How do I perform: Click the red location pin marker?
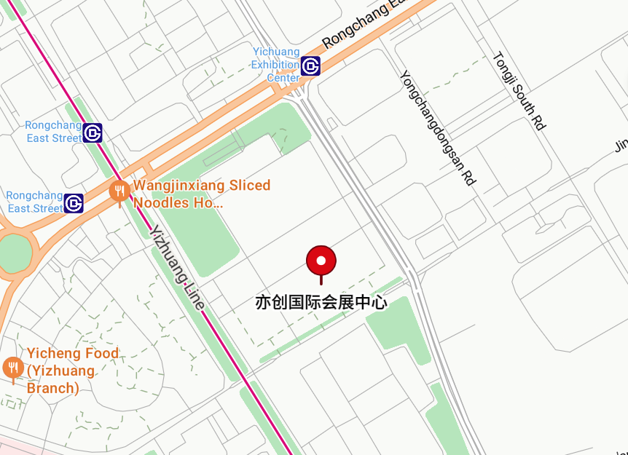click(x=321, y=261)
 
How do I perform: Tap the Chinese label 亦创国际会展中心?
click(x=321, y=302)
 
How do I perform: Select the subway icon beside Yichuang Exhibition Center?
click(x=312, y=66)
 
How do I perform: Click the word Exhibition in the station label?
click(x=275, y=65)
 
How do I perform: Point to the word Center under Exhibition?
click(x=283, y=77)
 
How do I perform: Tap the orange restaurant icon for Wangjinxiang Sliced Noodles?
click(x=119, y=191)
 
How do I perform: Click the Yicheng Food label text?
click(x=73, y=354)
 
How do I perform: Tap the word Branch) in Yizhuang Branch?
click(x=53, y=388)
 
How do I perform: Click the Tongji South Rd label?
click(x=519, y=91)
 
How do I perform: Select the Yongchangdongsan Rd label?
click(x=436, y=127)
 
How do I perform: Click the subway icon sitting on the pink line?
click(x=93, y=133)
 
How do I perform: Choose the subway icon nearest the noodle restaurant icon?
click(x=74, y=202)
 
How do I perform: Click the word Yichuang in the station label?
click(x=276, y=52)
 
